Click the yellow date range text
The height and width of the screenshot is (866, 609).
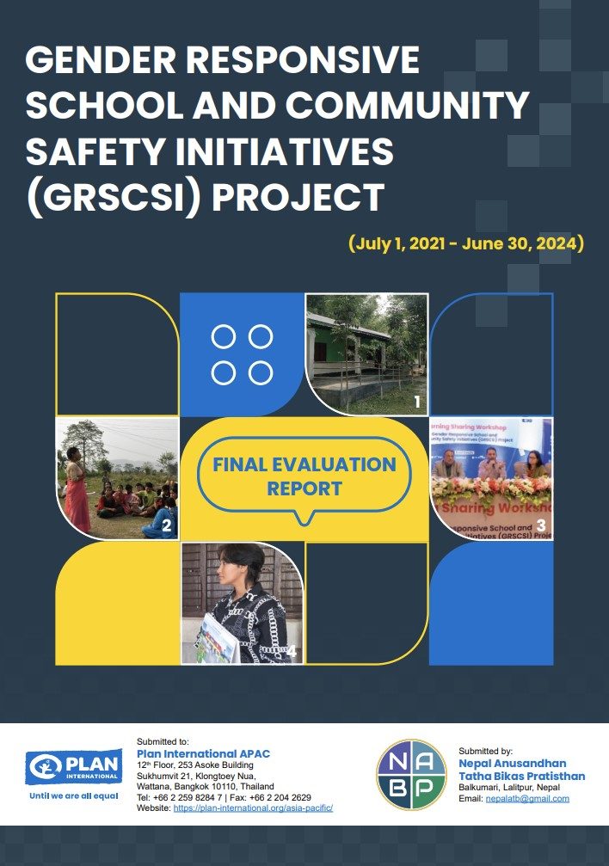coord(466,243)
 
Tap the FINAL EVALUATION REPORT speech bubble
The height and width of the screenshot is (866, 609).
coord(304,476)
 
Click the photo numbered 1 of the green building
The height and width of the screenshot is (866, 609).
coord(366,353)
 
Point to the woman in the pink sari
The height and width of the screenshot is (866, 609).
coord(76,482)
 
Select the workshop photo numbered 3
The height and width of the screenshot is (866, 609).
coord(490,478)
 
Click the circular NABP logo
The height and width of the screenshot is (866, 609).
coord(412,774)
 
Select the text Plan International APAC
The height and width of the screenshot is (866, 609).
coord(203,754)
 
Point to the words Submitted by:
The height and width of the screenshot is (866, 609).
coord(486,751)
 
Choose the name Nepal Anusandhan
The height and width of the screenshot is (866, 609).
coord(513,764)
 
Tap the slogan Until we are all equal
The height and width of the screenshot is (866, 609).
coord(73,795)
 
